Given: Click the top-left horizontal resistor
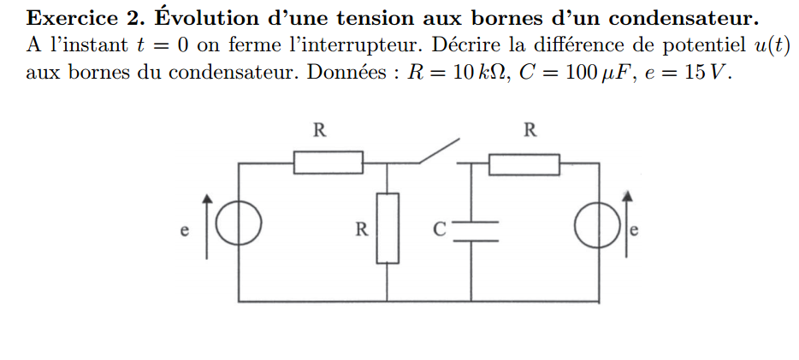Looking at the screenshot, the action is pyautogui.click(x=328, y=162).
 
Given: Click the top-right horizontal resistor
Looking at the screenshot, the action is pyautogui.click(x=524, y=163).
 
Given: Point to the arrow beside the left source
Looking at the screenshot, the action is pyautogui.click(x=207, y=225).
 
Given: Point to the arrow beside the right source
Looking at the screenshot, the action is pyautogui.click(x=627, y=225).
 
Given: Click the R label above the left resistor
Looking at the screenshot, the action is pyautogui.click(x=319, y=131).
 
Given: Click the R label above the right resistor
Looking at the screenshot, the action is pyautogui.click(x=530, y=131).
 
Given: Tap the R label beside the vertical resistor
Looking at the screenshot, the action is pyautogui.click(x=363, y=229).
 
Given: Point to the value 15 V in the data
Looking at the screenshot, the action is pyautogui.click(x=706, y=72).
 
